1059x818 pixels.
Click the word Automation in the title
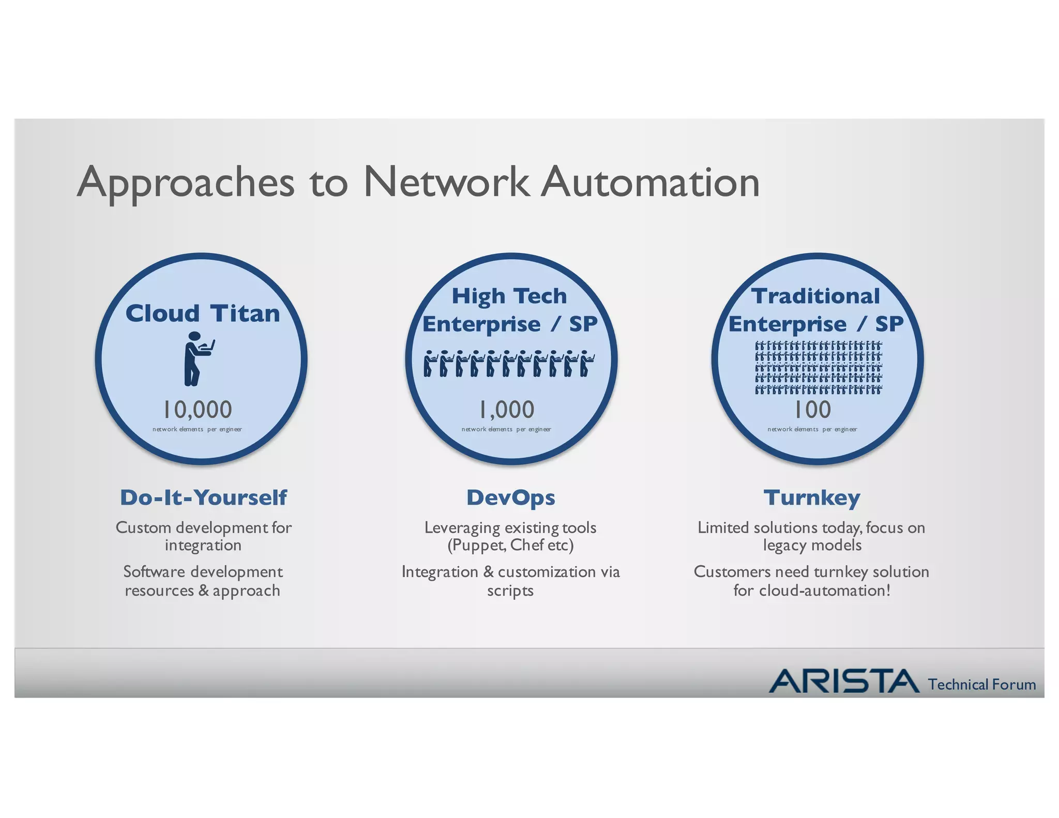650,183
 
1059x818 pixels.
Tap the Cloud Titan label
202,313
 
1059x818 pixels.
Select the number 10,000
198,410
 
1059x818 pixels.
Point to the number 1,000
506,410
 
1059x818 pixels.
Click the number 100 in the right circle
812,410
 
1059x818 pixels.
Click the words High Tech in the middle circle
509,296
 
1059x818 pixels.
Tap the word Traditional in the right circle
815,296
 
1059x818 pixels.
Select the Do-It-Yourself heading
203,497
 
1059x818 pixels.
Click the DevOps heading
510,497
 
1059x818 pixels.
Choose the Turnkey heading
812,497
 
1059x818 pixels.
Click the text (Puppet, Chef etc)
510,545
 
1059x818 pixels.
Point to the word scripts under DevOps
510,590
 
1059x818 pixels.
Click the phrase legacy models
812,545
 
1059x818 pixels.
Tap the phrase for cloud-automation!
812,590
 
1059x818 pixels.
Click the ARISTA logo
844,681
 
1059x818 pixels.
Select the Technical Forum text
981,685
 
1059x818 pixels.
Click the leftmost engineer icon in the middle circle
429,363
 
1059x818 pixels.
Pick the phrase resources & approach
202,590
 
